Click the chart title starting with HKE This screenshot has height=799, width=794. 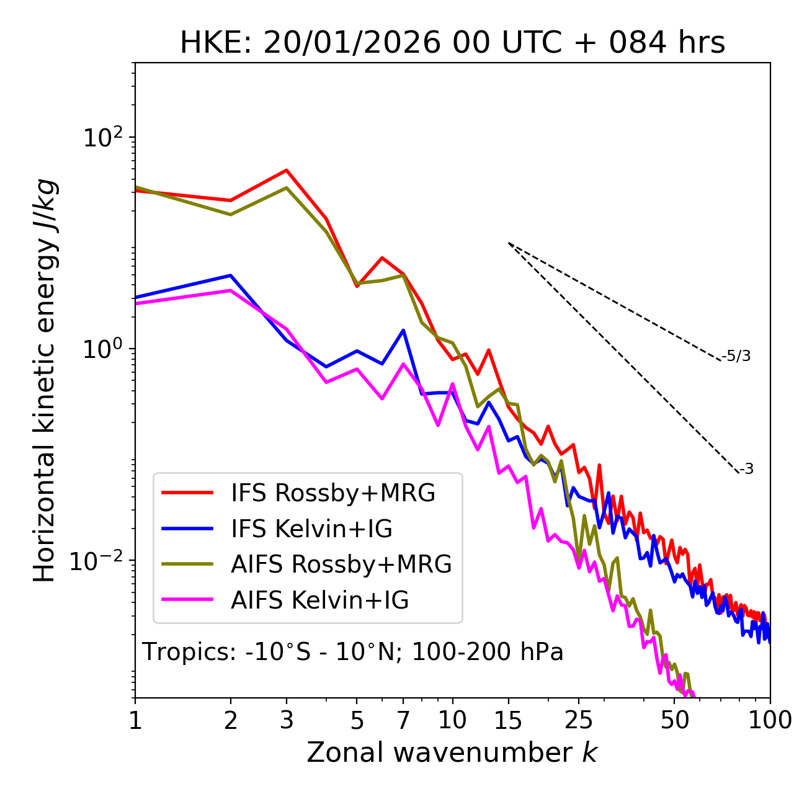(x=452, y=43)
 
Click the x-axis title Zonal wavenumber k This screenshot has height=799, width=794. (x=452, y=752)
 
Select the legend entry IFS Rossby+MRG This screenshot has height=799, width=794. (x=332, y=493)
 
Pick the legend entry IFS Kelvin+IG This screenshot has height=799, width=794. (x=311, y=529)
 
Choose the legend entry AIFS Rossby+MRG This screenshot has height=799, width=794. (x=341, y=565)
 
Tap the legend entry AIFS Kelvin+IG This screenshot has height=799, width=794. (x=319, y=600)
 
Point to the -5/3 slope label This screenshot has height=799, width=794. (x=736, y=356)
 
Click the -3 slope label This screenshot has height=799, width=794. (x=746, y=470)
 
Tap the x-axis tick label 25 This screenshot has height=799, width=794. (x=579, y=720)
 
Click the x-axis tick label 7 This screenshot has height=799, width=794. (x=403, y=720)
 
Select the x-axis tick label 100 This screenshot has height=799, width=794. (x=770, y=720)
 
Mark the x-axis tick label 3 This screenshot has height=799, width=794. (x=287, y=720)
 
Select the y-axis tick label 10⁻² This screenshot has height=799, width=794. (x=99, y=560)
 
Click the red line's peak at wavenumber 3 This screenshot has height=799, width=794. (x=287, y=170)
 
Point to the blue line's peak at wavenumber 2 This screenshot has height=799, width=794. (x=231, y=275)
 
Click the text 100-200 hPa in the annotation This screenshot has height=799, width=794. (x=488, y=652)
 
